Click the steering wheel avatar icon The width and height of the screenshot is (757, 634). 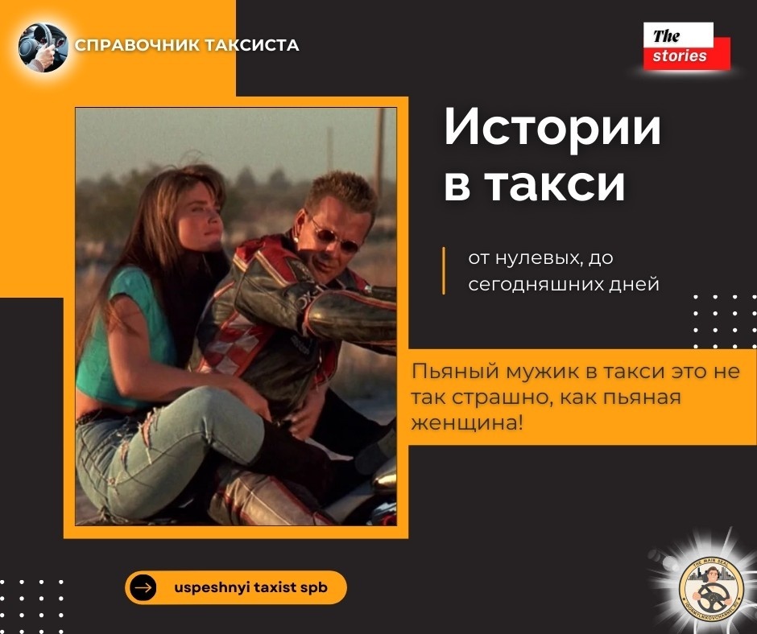[x=43, y=47]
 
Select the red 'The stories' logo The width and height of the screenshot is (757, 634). [x=686, y=47]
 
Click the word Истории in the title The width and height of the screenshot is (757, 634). [x=552, y=130]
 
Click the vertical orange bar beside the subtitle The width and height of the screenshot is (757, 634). [x=444, y=271]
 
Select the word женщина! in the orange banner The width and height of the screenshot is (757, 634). [x=465, y=422]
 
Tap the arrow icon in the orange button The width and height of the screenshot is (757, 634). [x=144, y=587]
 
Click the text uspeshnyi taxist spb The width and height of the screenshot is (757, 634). [x=250, y=587]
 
